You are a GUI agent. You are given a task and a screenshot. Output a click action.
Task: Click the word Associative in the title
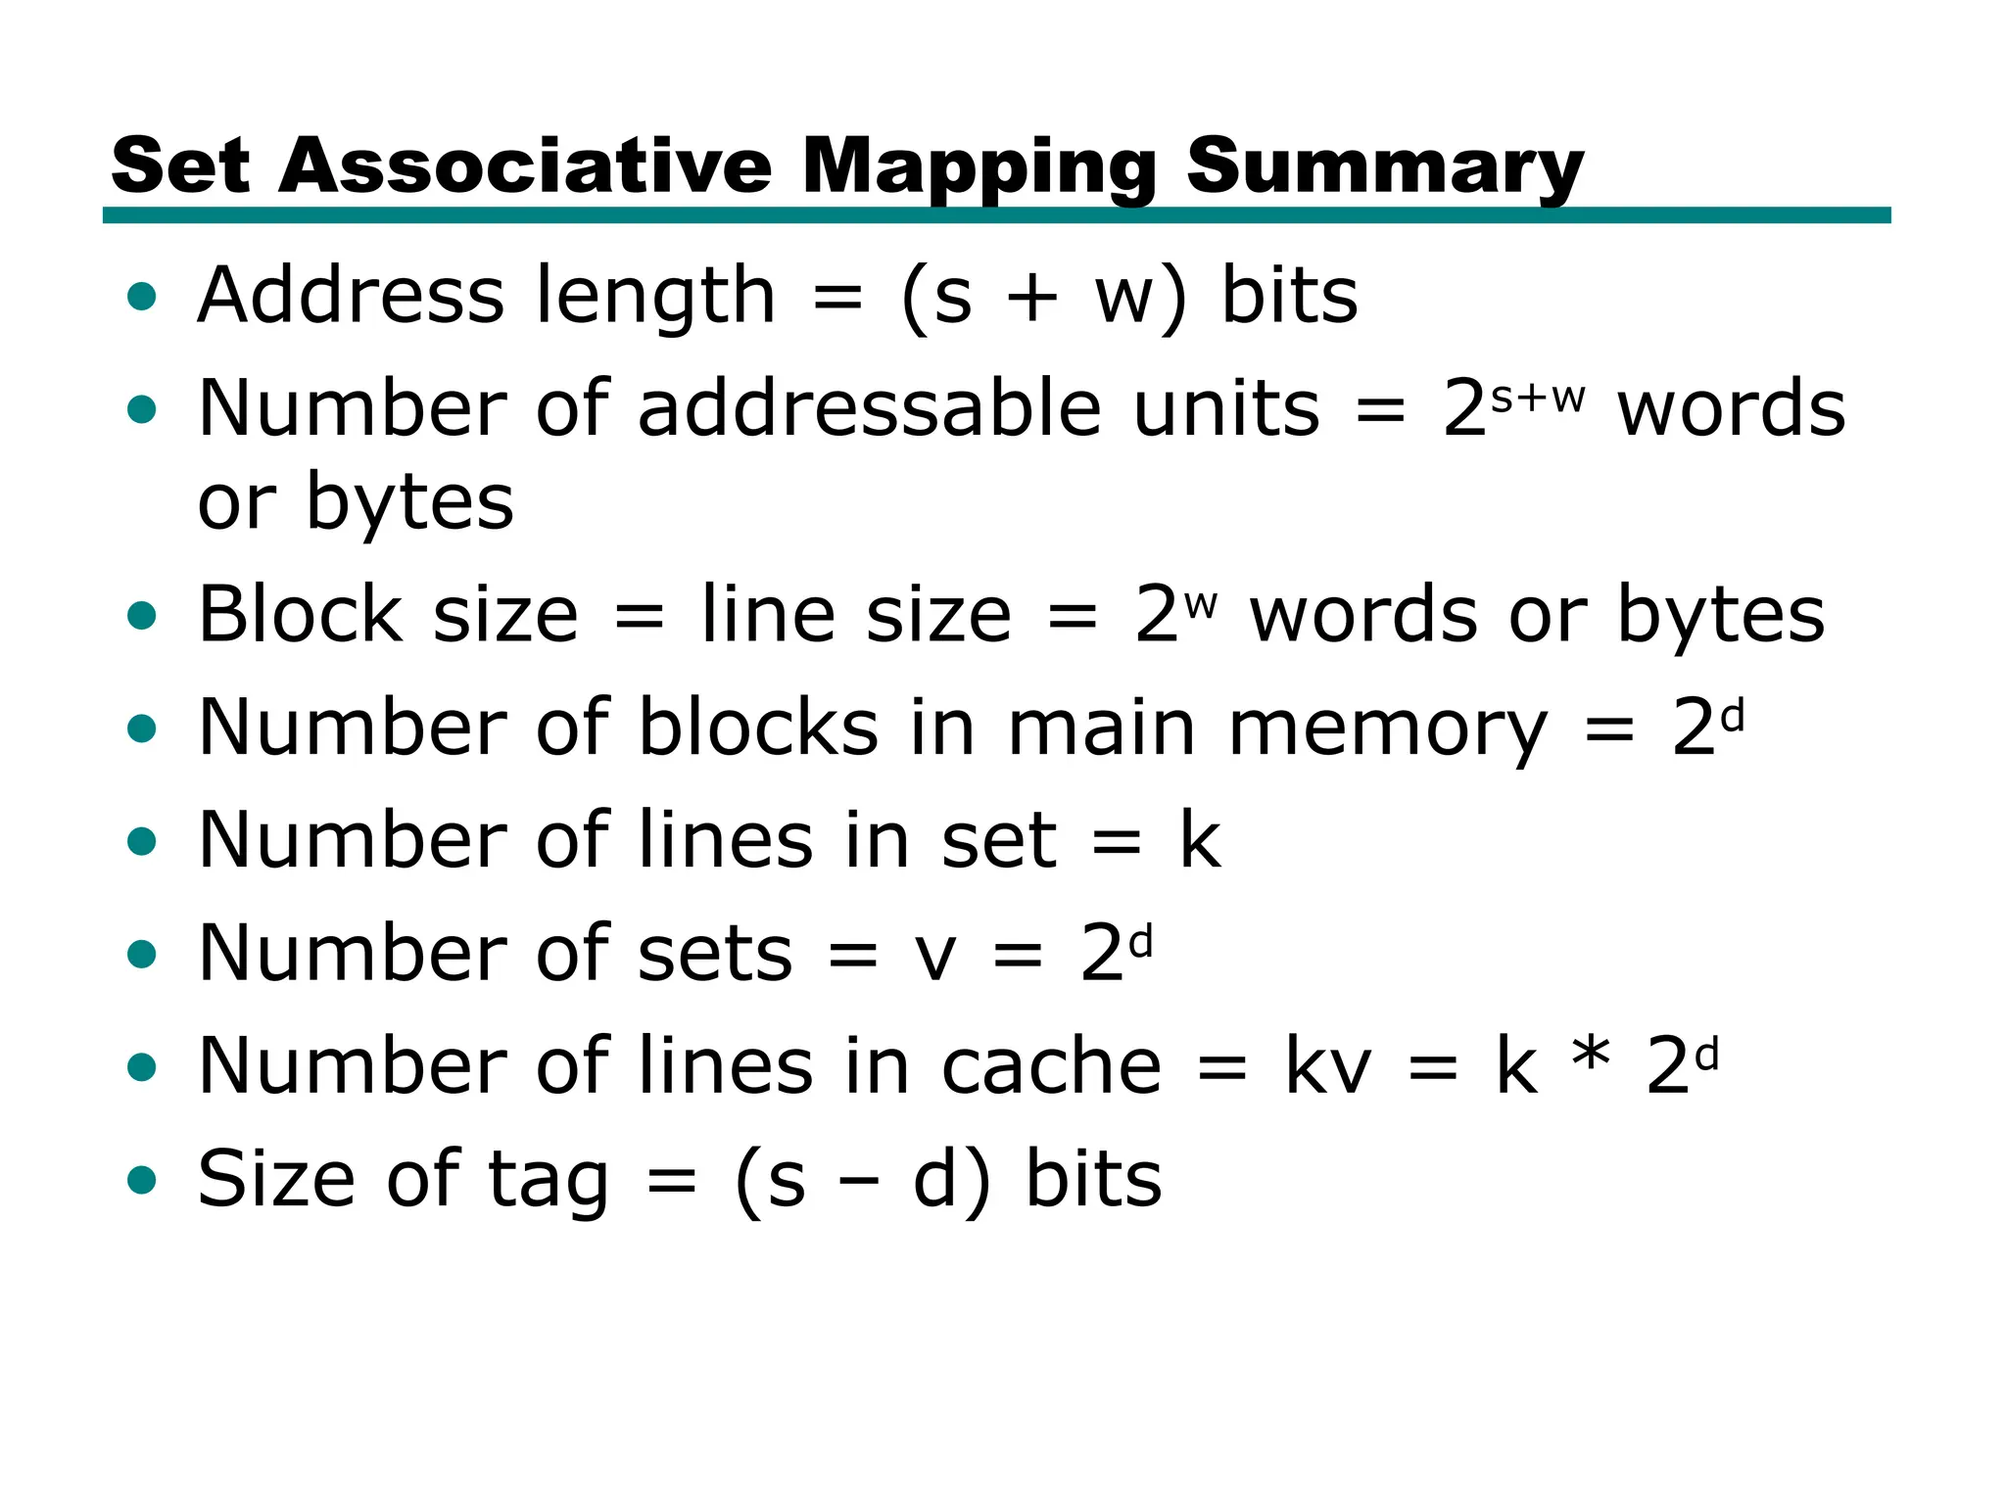(525, 165)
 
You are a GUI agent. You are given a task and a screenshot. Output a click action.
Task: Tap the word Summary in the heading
(1384, 167)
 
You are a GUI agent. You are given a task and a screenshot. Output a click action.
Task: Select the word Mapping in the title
(979, 167)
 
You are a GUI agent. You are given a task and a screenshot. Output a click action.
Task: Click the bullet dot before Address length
(142, 296)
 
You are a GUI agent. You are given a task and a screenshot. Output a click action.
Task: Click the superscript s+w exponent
(1537, 398)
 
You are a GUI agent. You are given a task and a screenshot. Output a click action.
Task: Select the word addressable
(870, 409)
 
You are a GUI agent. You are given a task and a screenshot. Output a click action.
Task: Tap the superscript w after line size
(1200, 604)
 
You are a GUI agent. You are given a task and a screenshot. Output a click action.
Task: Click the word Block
(301, 615)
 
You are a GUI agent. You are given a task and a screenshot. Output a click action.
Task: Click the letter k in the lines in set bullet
(1200, 840)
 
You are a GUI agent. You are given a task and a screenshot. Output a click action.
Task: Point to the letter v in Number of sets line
(935, 955)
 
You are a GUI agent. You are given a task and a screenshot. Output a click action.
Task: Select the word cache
(1051, 1066)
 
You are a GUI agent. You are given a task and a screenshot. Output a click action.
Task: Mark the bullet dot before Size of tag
(142, 1180)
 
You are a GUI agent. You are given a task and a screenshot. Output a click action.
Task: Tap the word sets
(714, 955)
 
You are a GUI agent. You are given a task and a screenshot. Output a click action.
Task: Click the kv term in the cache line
(1327, 1066)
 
